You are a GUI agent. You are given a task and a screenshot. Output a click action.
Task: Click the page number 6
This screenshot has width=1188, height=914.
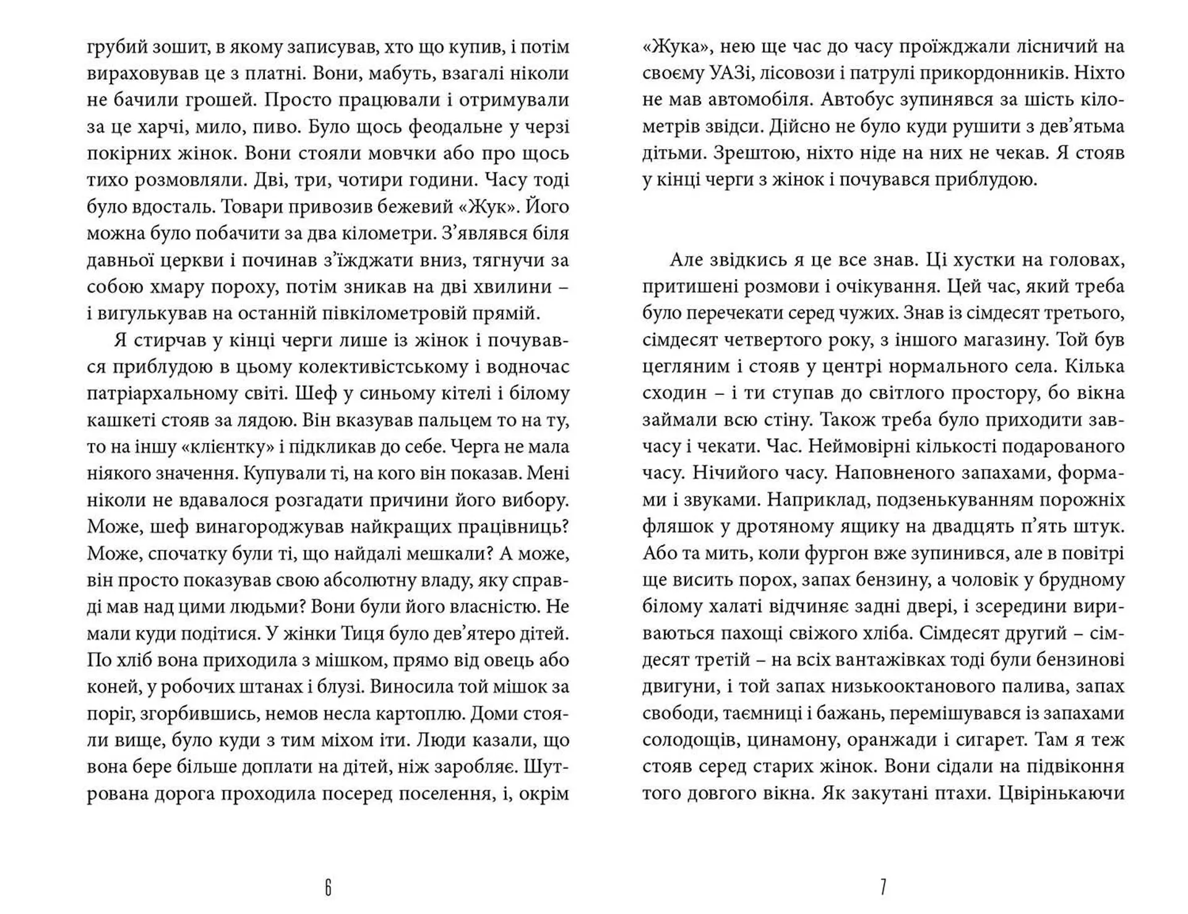(328, 888)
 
